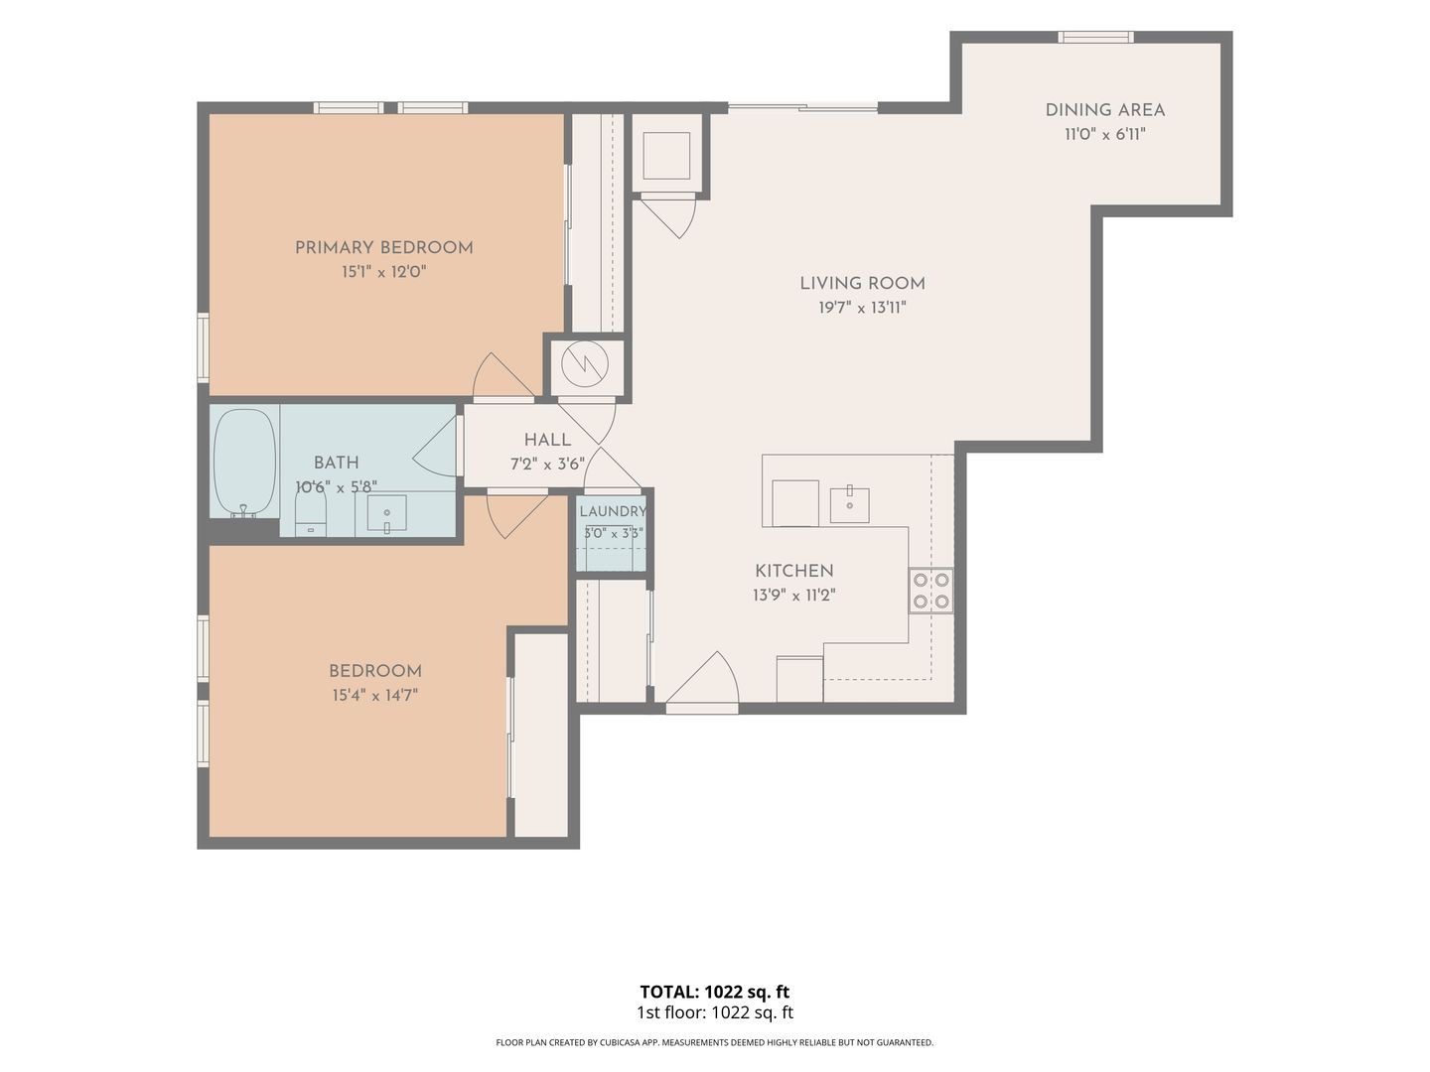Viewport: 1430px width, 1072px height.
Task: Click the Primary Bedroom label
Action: (x=383, y=248)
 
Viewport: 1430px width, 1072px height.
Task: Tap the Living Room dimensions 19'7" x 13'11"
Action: (x=862, y=308)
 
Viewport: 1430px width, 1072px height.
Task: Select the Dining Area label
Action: (x=1105, y=110)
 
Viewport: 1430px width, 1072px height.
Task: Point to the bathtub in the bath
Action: (x=245, y=463)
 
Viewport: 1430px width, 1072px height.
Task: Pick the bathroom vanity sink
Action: (x=386, y=513)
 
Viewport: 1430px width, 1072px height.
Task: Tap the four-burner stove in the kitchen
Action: (x=930, y=591)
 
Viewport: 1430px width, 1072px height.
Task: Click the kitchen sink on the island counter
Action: (x=849, y=503)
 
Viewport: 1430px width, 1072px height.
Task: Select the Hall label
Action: (x=547, y=440)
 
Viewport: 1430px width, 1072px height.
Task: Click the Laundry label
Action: (x=613, y=511)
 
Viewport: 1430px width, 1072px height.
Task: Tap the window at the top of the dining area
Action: (x=1095, y=38)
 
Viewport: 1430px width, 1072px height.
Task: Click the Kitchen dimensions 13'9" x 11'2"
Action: (x=793, y=595)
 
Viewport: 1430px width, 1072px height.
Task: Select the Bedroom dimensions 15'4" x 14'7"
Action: (x=374, y=695)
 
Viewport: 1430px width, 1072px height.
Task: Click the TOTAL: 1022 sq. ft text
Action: (x=715, y=992)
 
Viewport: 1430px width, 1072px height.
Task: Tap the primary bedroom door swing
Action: (x=502, y=375)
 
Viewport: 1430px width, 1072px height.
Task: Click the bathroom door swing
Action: (x=435, y=449)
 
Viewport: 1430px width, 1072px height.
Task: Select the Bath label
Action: (x=337, y=463)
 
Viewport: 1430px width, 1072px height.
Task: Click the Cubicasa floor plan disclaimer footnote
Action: (x=715, y=1042)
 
